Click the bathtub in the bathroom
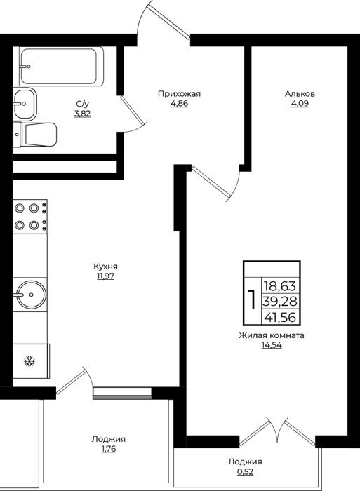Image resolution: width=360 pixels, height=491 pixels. tap(62, 67)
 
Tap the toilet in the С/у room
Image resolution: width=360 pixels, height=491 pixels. tap(35, 135)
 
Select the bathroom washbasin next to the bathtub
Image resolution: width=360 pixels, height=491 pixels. tap(25, 103)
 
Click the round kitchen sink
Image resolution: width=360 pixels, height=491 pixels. tap(31, 295)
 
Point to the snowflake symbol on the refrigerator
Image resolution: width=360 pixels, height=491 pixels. tap(29, 361)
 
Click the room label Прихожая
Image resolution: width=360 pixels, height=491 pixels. tap(179, 93)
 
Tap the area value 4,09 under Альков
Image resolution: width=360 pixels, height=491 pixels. tap(300, 104)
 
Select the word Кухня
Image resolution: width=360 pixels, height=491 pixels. tap(105, 267)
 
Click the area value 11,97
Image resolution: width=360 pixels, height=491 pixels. tap(105, 276)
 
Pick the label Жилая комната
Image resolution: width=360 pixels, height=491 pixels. tap(272, 335)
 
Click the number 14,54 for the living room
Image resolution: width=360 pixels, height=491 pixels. tap(272, 345)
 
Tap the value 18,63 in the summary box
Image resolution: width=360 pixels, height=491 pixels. tap(280, 286)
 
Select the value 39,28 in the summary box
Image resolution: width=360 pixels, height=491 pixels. tap(280, 302)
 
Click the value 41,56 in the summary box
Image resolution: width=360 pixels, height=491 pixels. tap(280, 318)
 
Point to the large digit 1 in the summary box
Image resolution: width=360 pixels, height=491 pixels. tap(252, 300)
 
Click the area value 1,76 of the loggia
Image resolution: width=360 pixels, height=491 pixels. tap(108, 449)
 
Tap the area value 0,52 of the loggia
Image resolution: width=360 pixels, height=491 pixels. tap(246, 471)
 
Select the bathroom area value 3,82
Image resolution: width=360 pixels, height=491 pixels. tap(82, 114)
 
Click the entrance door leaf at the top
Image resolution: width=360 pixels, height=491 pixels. tap(170, 22)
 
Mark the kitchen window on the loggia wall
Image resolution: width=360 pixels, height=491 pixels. tap(122, 393)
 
